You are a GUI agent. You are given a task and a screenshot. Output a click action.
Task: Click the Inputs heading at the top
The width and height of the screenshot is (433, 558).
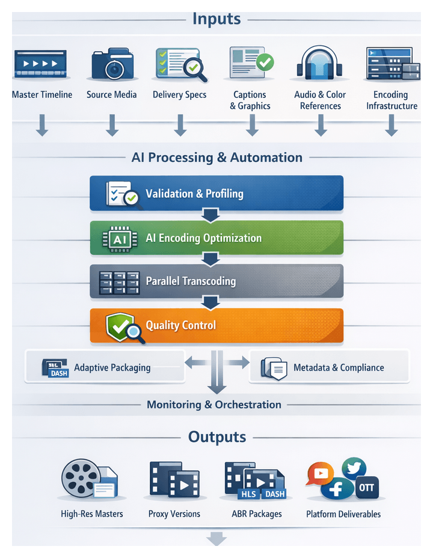(x=216, y=19)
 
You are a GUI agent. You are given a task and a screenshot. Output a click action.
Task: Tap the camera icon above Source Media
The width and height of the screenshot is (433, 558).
(x=111, y=65)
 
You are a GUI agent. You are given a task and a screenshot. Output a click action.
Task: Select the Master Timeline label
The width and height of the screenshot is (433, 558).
(x=42, y=94)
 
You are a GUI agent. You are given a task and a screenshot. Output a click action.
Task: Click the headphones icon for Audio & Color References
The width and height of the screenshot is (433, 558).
(x=320, y=65)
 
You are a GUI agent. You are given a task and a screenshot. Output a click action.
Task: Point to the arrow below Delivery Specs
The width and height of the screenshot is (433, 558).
(x=179, y=125)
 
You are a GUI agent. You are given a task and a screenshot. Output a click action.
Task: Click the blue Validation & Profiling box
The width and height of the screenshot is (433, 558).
(x=216, y=193)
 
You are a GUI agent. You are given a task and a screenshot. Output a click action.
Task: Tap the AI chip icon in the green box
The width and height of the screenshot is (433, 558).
(x=120, y=238)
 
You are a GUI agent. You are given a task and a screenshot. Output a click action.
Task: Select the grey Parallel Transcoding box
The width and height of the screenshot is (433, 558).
(x=216, y=281)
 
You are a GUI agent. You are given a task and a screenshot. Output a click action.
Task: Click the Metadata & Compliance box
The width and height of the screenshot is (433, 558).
(x=329, y=367)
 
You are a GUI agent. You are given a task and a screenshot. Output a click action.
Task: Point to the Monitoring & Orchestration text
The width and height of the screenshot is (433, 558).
(x=214, y=405)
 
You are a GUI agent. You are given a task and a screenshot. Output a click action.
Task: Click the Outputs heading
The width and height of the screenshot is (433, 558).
(x=217, y=437)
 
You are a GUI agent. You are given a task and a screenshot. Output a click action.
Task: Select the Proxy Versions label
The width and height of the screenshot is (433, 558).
(x=174, y=514)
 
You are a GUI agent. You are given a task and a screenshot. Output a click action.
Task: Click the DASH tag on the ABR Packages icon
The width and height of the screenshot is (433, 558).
(x=275, y=494)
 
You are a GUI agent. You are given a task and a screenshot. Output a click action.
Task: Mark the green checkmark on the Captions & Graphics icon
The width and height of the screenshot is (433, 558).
(x=265, y=61)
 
